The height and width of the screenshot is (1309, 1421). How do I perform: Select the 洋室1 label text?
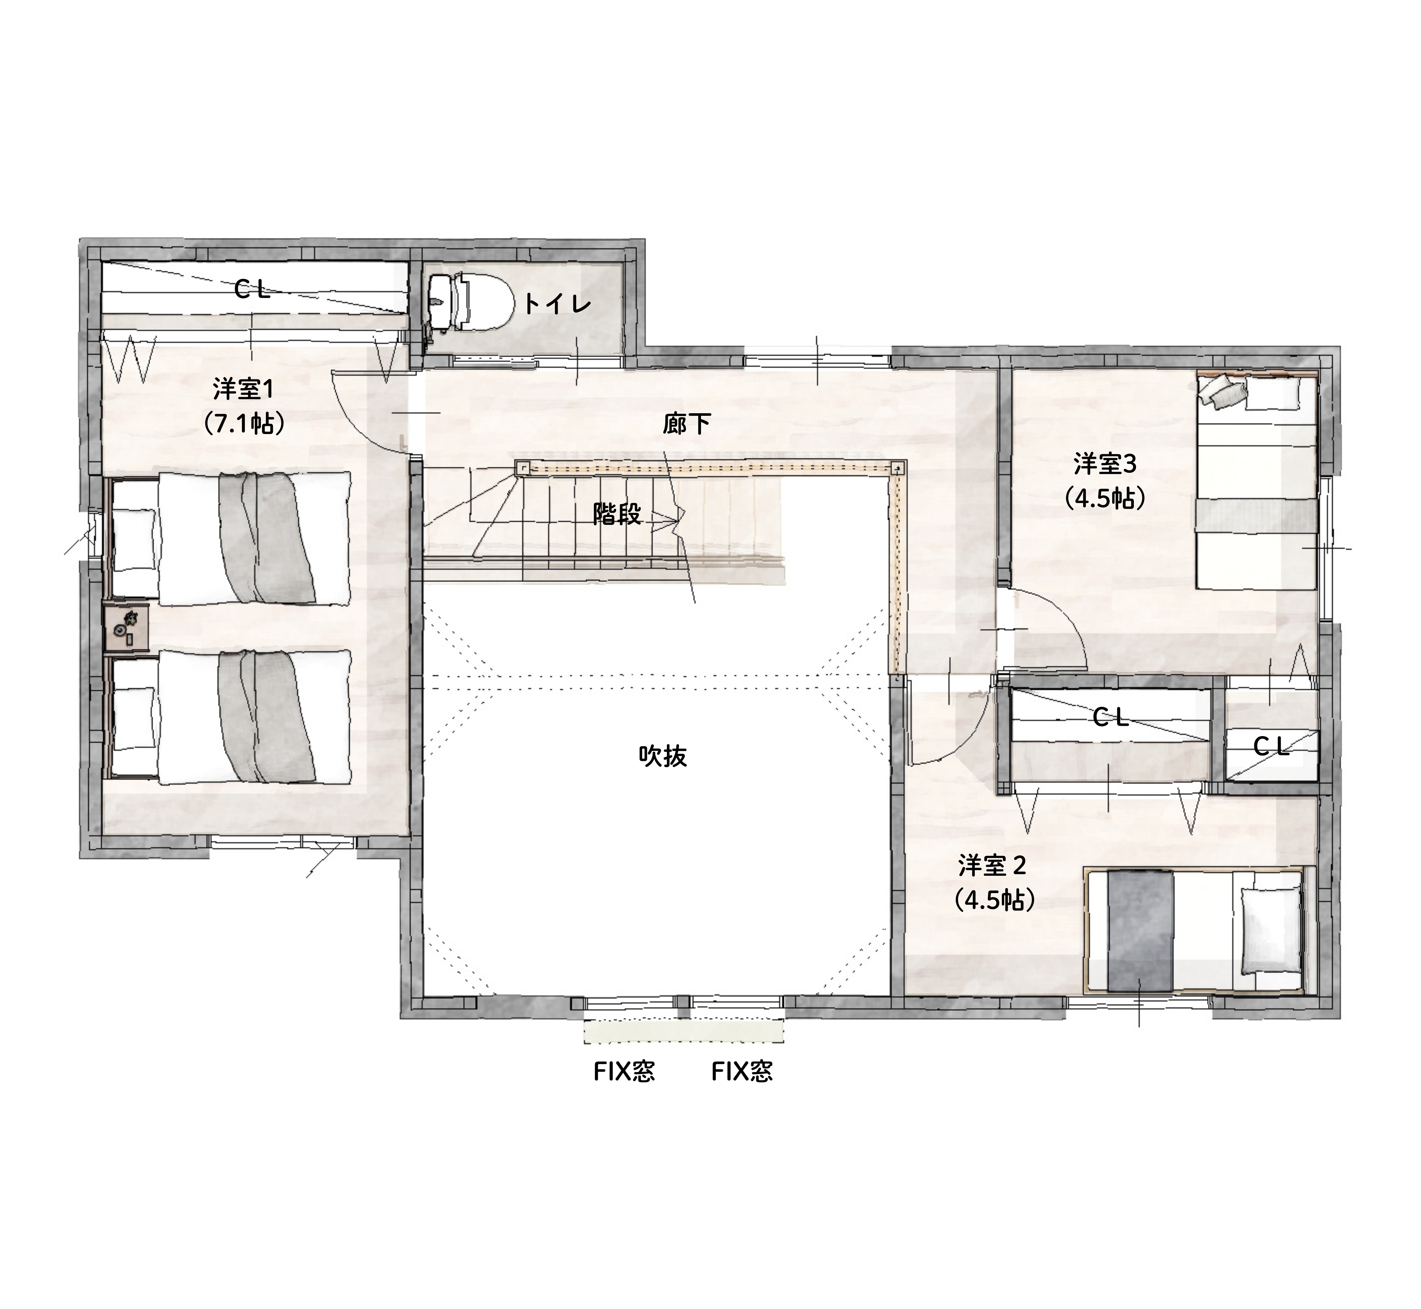pyautogui.click(x=243, y=390)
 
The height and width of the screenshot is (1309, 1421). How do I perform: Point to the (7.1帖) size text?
pyautogui.click(x=243, y=423)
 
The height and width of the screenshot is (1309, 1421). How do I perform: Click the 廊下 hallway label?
pyautogui.click(x=686, y=423)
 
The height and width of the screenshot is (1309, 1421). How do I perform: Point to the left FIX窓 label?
pyautogui.click(x=624, y=1072)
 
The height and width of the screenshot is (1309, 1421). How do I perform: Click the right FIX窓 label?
pyautogui.click(x=742, y=1072)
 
